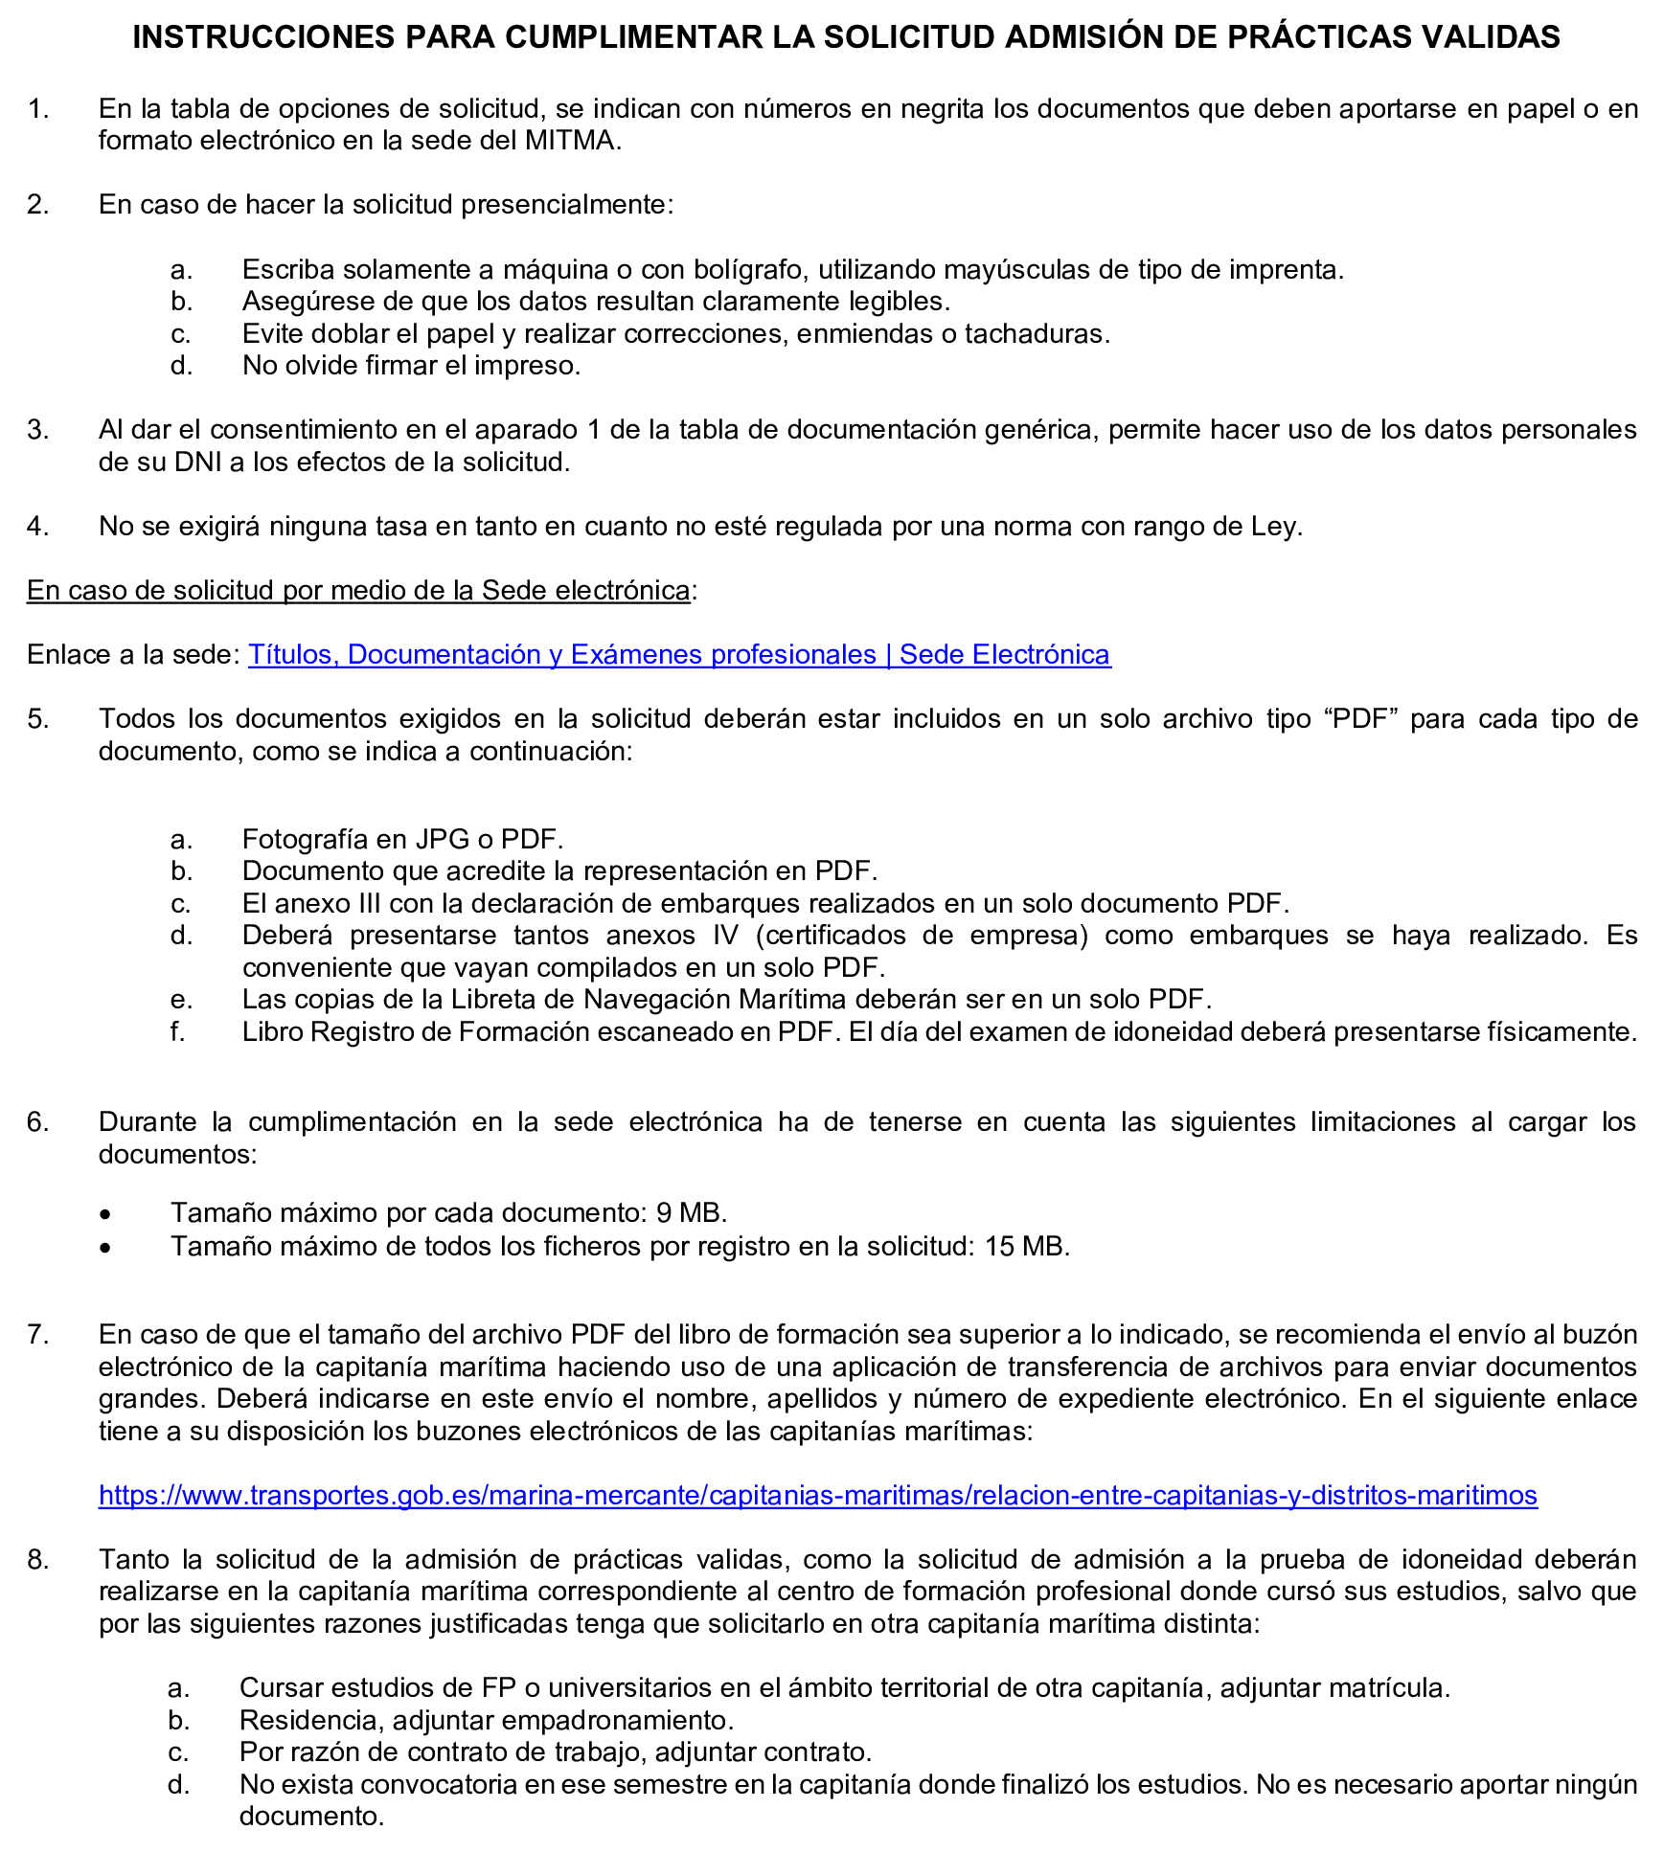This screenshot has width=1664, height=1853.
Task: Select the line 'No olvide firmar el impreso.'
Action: click(411, 366)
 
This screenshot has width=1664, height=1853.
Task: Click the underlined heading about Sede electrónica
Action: click(358, 591)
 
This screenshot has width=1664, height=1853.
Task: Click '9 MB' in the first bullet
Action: click(690, 1213)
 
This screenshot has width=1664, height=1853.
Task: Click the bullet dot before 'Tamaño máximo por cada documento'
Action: click(105, 1215)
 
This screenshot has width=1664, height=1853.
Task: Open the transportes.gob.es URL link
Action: click(817, 1496)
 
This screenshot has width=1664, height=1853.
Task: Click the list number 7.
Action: click(36, 1335)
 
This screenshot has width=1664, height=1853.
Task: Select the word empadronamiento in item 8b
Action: click(616, 1721)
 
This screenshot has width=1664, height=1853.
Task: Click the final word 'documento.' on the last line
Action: click(311, 1817)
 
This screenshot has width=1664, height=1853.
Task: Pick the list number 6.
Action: click(36, 1122)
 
